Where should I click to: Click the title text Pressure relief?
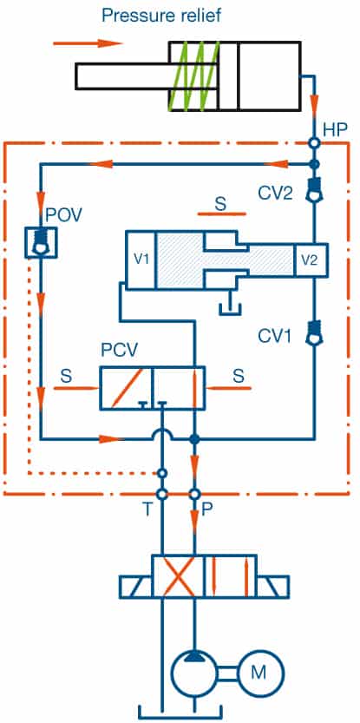tap(161, 16)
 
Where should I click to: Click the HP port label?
tap(335, 130)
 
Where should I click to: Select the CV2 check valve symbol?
tap(315, 191)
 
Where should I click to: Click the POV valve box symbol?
tap(41, 242)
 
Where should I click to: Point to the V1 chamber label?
tap(141, 260)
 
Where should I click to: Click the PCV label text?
tap(120, 351)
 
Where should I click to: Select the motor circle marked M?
tap(261, 673)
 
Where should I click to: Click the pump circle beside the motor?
tap(195, 674)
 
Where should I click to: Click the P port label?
tap(207, 511)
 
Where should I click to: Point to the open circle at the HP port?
tap(315, 143)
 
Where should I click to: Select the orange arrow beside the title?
tap(88, 43)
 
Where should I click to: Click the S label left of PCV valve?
tap(67, 377)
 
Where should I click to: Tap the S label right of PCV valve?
tap(239, 377)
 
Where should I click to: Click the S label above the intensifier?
tap(221, 204)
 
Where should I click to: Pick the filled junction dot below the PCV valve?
tap(194, 439)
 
